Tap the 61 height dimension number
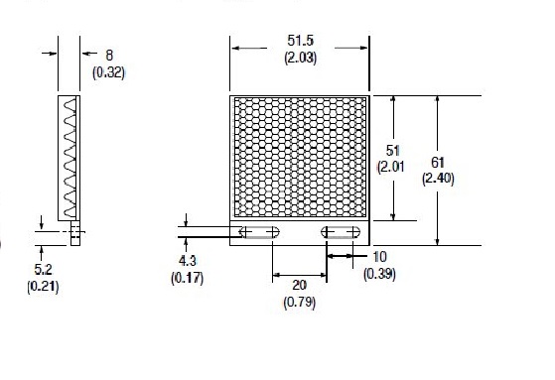tap(438, 162)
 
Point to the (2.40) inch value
tap(438, 179)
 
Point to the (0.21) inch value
tap(45, 287)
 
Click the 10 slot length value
tap(380, 256)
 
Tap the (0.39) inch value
tap(380, 272)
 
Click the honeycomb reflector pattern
tap(299, 157)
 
